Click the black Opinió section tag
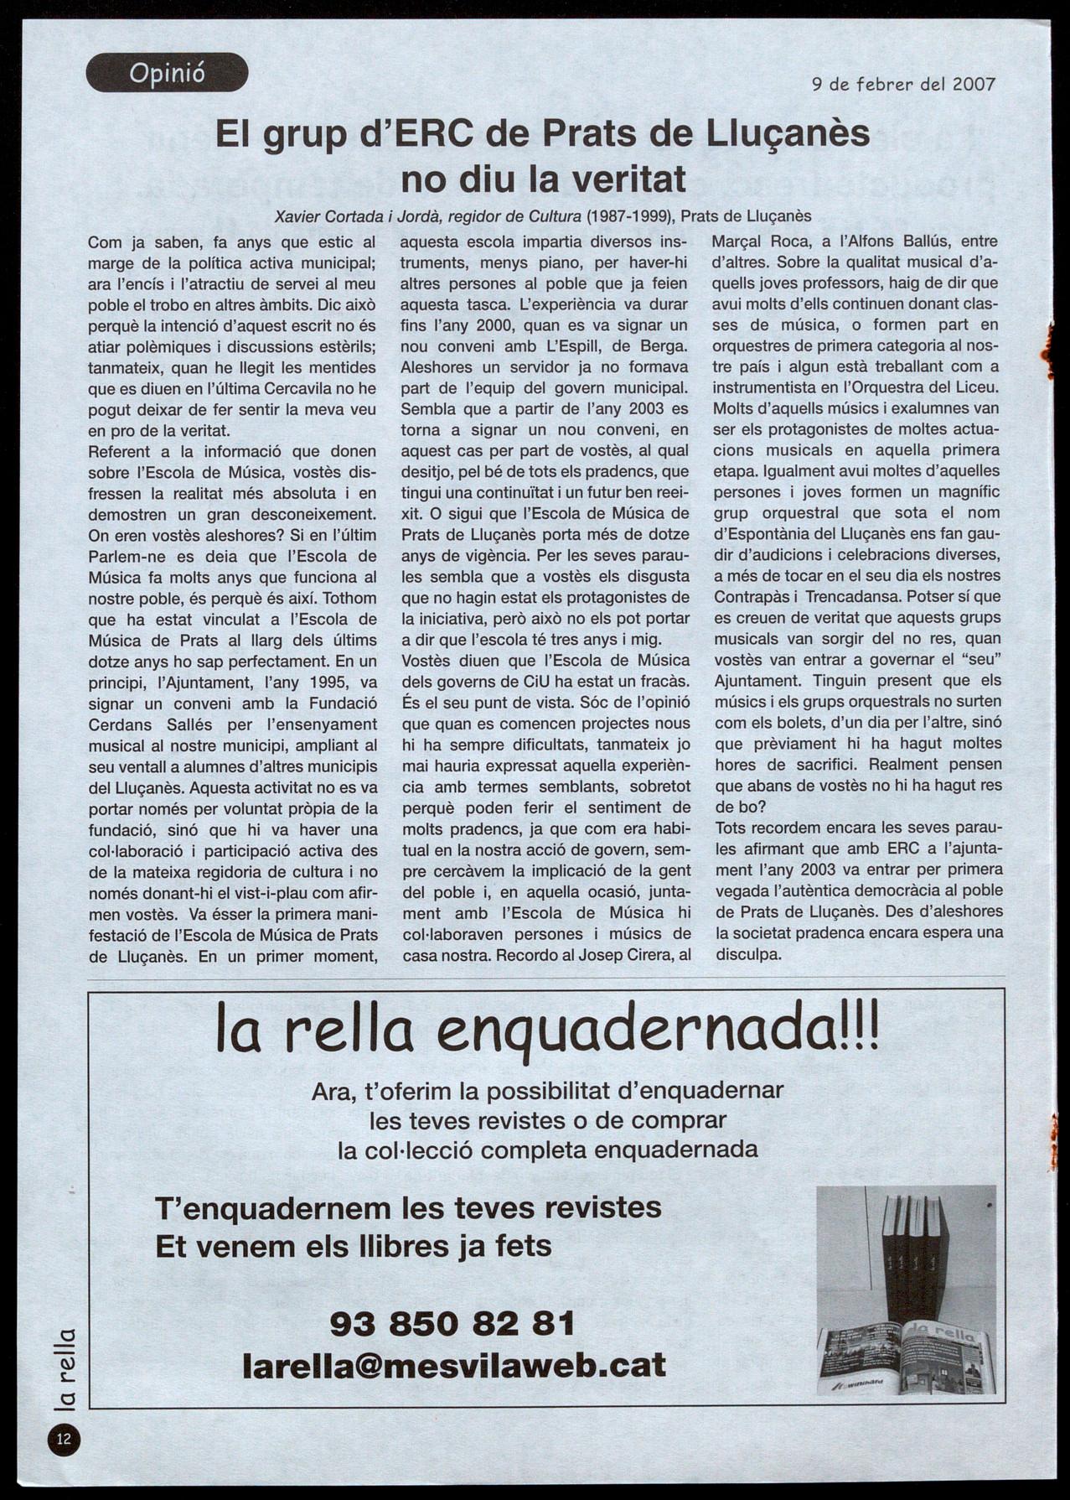pyautogui.click(x=167, y=73)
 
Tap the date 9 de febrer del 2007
pyautogui.click(x=903, y=84)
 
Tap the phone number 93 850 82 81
pyautogui.click(x=452, y=1324)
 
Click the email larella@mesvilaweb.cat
pyautogui.click(x=453, y=1364)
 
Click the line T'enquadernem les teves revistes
pyautogui.click(x=408, y=1208)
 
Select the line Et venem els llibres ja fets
pyautogui.click(x=354, y=1246)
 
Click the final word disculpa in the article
pyautogui.click(x=747, y=954)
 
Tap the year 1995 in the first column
pyautogui.click(x=323, y=682)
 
